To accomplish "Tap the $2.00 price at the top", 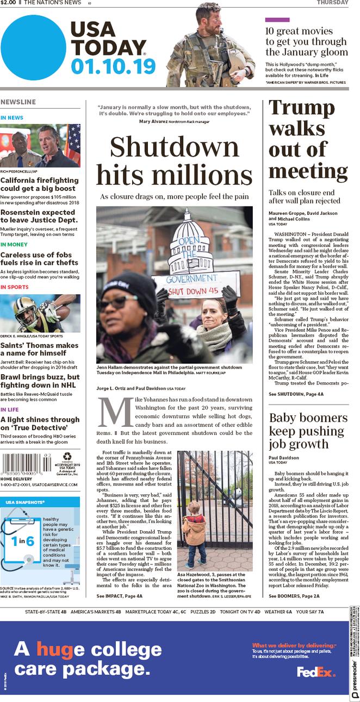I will [x=8, y=3].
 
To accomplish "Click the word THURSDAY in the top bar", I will [x=332, y=3].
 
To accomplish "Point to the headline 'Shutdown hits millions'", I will [x=175, y=161].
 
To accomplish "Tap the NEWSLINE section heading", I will [x=18, y=102].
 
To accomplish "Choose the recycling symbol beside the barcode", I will [x=67, y=457].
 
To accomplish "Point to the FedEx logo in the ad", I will [x=316, y=672].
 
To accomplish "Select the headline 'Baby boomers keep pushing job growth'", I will [x=308, y=431].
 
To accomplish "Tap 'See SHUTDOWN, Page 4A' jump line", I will [x=296, y=394].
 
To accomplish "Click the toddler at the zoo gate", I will [x=194, y=533].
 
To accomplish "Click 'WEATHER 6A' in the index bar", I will [x=278, y=612].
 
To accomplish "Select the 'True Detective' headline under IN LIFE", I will [x=40, y=424].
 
